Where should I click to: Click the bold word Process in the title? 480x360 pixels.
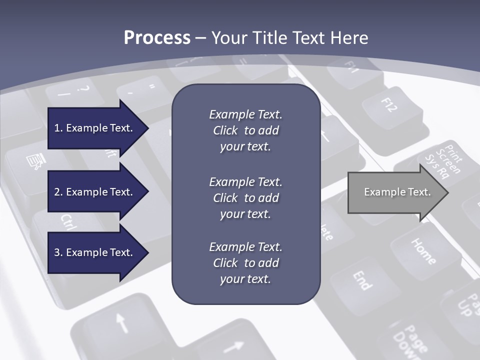pyautogui.click(x=157, y=38)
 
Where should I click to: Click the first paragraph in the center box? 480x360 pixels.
pyautogui.click(x=245, y=130)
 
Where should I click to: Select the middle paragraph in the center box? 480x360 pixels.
pyautogui.click(x=245, y=198)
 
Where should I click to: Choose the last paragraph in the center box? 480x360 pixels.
pyautogui.click(x=245, y=263)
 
